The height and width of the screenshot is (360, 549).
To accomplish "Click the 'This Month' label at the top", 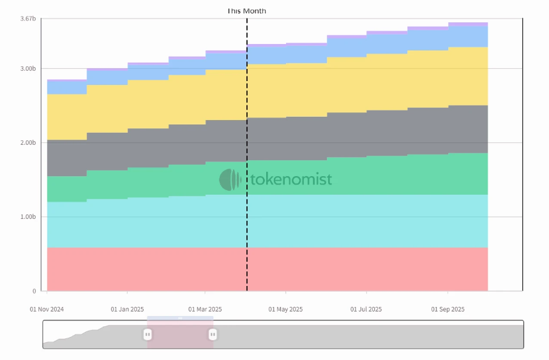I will pos(246,11).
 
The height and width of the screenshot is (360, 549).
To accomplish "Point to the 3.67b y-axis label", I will pos(28,19).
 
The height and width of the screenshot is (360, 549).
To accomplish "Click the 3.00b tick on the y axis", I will pos(28,68).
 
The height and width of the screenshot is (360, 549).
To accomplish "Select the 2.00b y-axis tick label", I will pos(28,142).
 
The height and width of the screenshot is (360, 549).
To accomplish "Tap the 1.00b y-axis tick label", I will pos(28,217).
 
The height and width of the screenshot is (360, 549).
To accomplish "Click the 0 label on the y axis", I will pos(34,291).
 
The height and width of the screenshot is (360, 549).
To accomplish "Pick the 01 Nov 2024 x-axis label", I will pos(47,309).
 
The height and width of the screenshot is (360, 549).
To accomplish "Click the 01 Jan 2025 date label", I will pos(127,309).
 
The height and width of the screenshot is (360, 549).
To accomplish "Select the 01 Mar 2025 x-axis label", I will pos(205,309).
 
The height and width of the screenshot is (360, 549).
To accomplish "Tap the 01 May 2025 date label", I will pos(285,309).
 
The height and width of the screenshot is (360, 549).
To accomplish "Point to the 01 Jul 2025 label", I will pos(366,309).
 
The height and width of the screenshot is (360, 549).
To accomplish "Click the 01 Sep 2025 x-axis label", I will pos(447,309).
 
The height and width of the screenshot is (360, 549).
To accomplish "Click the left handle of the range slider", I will pos(147,334).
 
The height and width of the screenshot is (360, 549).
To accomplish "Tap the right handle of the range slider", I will pos(213,334).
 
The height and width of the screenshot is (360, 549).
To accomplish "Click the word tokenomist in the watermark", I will pos(290,179).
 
